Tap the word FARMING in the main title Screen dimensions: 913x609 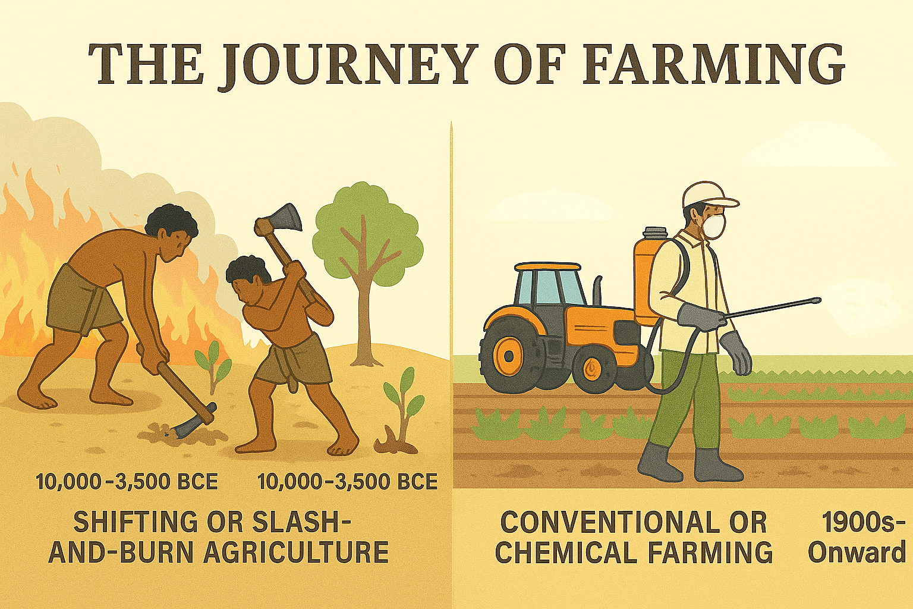[x=711, y=64]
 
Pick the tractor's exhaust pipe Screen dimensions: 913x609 [x=597, y=290]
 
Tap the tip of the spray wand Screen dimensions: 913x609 [x=818, y=300]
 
